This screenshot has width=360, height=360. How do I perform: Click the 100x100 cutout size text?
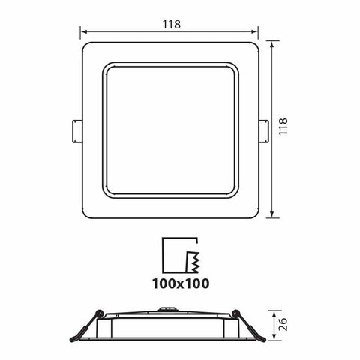click(180, 283)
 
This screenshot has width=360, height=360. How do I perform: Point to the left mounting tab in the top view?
click(77, 129)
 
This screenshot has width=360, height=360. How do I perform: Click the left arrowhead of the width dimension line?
click(84, 31)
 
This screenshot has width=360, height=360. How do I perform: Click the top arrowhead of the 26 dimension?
click(273, 312)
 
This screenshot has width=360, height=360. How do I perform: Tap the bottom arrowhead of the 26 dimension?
click(273, 338)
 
